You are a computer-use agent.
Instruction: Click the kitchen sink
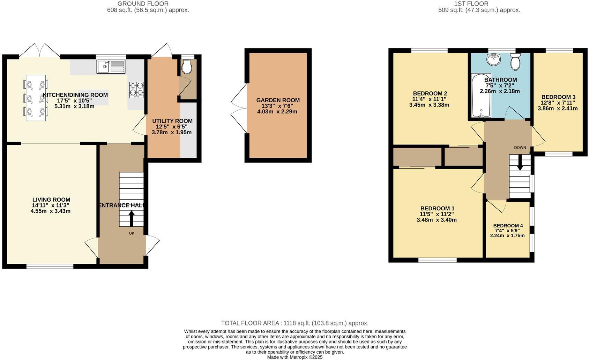(x=111, y=67)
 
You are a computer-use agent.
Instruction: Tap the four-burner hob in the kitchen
(x=137, y=89)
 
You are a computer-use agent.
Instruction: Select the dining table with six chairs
(x=36, y=98)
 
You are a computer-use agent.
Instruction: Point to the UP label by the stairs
(x=132, y=233)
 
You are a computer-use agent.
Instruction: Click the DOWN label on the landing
(x=520, y=148)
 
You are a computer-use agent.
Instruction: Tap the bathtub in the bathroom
(x=481, y=95)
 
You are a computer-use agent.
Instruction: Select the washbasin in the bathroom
(x=494, y=60)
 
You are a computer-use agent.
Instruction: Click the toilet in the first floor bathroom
(x=515, y=62)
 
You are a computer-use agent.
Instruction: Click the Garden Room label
(x=278, y=100)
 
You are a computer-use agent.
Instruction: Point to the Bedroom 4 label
(x=508, y=226)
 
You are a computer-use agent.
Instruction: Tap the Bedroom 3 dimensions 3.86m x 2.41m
(x=557, y=108)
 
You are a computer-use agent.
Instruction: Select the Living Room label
(x=51, y=200)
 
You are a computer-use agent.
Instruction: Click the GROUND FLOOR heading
(x=143, y=4)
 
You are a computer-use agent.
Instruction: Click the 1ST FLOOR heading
(x=471, y=4)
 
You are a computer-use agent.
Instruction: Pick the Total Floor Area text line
(x=294, y=323)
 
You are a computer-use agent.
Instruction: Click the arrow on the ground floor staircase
(x=132, y=218)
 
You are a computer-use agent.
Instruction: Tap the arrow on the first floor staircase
(x=520, y=163)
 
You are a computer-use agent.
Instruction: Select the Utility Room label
(x=172, y=121)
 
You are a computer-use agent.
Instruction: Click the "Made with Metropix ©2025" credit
(x=294, y=357)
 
